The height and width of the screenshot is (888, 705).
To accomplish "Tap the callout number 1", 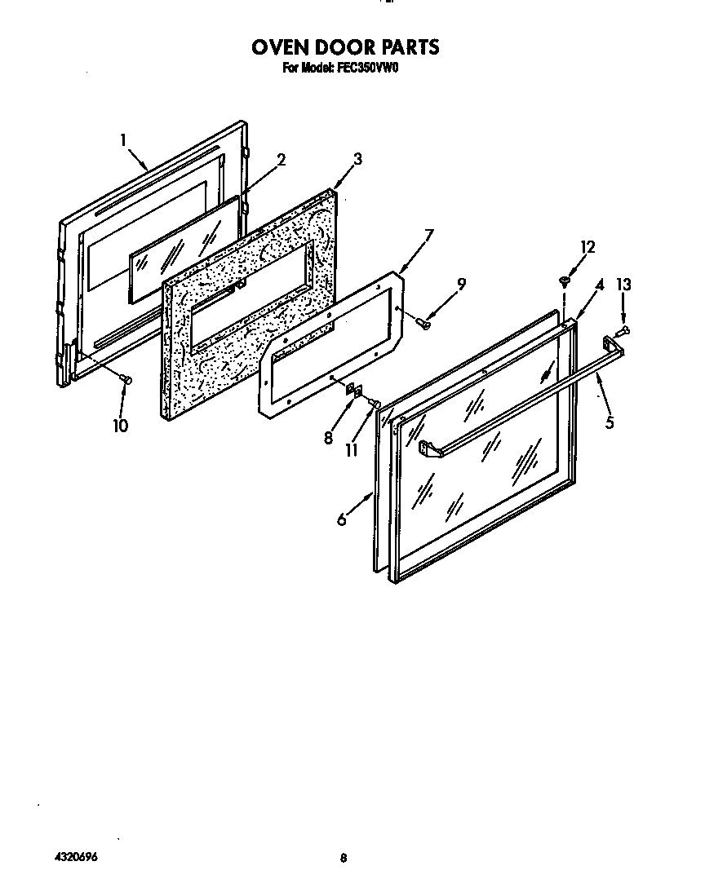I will tap(123, 140).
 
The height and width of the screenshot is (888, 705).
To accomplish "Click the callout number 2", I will tap(281, 160).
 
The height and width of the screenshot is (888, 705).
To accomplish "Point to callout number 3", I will tap(357, 158).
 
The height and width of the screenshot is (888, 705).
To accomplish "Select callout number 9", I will tap(461, 284).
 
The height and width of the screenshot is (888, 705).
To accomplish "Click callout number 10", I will tap(120, 425).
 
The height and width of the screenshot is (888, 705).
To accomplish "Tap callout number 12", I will tap(587, 247).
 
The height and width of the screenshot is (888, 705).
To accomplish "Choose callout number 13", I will tap(623, 285).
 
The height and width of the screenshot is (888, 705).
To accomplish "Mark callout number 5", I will tap(610, 422).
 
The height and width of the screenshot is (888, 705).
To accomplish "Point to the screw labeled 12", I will tap(563, 281).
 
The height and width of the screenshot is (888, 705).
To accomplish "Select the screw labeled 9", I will tap(423, 325).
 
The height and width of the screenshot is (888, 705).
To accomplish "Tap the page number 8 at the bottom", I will tap(344, 858).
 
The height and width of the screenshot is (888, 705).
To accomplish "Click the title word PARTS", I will tap(403, 47).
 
